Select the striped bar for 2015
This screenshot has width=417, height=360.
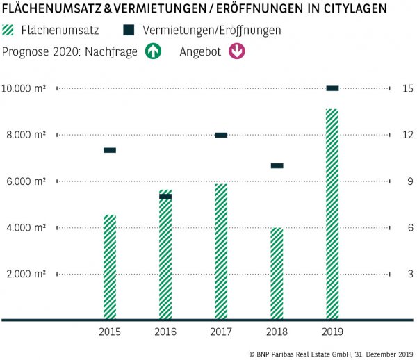coord(110,267)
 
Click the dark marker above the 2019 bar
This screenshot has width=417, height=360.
coord(332,88)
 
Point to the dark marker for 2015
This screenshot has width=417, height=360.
coord(110,150)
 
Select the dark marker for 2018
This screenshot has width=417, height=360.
coord(277,165)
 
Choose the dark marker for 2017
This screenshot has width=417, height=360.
coord(221,135)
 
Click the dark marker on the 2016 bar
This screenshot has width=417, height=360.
coord(165,197)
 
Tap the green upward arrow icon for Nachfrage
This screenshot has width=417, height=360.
coord(153,52)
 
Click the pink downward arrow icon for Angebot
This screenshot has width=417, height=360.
coord(237,52)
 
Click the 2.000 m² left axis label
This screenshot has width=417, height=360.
coord(26,274)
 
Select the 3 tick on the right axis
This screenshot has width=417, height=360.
coord(410,274)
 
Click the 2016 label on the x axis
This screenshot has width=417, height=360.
coord(165,332)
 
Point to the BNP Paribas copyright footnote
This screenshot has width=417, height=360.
coord(331,354)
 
